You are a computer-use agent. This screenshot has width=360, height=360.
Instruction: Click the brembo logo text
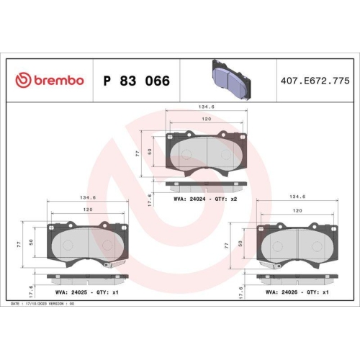[50, 81]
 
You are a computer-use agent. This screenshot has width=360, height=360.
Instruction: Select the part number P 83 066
[138, 81]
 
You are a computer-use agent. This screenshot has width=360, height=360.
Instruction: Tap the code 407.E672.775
[314, 81]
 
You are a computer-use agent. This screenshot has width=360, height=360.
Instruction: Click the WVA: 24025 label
[71, 293]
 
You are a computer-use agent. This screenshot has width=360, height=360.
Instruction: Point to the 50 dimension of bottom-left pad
[30, 243]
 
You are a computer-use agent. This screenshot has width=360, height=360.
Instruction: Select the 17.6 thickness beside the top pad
[149, 199]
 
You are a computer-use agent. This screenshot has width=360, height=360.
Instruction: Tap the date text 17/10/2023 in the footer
[46, 305]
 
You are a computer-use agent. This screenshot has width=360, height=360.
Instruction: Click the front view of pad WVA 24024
[207, 152]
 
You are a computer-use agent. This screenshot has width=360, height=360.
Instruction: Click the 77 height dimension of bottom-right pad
[228, 245]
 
